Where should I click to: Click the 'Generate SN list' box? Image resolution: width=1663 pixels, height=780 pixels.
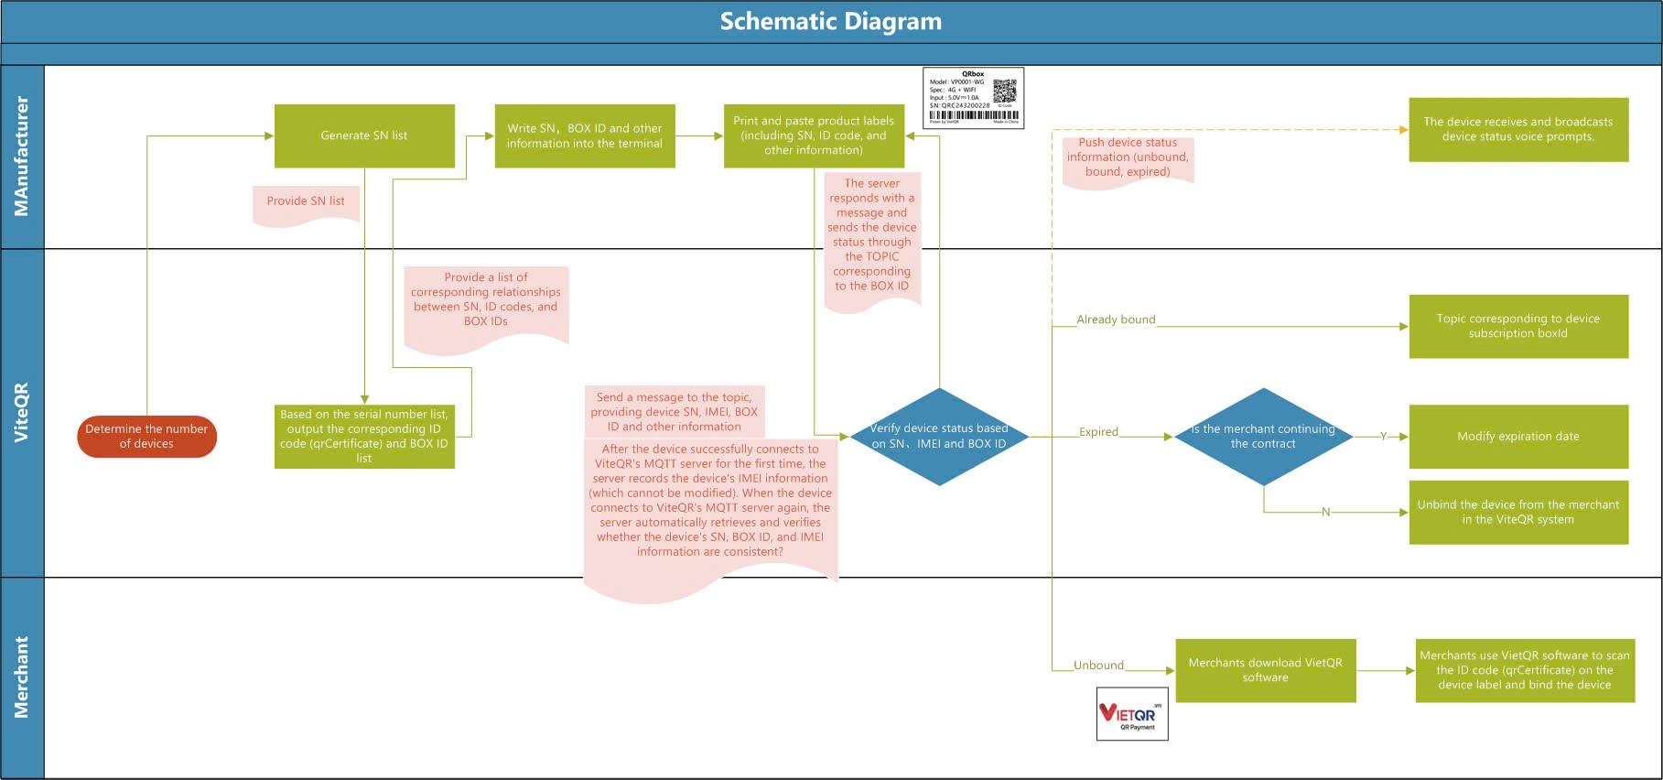coord(364,135)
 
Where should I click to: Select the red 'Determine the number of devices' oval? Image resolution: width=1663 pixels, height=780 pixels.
coord(146,437)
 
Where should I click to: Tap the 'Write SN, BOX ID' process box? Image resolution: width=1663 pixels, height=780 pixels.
coord(584,135)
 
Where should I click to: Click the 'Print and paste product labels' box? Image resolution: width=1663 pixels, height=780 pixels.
coord(814,135)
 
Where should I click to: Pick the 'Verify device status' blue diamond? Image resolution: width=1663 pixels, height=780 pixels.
coord(938,437)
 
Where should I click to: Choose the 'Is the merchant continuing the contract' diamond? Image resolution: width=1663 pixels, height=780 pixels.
coord(1263,437)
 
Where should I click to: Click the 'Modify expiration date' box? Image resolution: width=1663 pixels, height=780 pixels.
coord(1517,437)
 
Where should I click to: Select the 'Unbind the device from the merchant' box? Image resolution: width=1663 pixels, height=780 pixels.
coord(1517,512)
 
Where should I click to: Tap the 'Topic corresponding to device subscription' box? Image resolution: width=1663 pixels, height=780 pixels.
coord(1517,326)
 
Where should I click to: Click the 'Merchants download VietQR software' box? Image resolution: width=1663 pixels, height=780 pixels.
coord(1265,670)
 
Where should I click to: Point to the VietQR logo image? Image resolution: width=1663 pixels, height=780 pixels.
coord(1132,714)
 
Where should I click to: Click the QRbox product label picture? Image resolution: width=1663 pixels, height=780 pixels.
coord(973,97)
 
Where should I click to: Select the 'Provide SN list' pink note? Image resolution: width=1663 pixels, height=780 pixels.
coord(306,202)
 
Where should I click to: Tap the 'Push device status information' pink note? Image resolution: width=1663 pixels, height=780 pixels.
coord(1128,158)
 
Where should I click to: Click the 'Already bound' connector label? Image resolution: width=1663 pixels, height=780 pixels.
coord(1116,320)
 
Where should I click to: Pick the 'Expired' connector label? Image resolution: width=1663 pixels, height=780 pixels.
coord(1098,432)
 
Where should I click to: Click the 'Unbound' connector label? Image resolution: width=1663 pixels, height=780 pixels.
coord(1098,666)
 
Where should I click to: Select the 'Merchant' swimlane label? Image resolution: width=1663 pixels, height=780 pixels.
coord(22,677)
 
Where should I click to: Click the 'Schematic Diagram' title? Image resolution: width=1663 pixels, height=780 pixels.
coord(830,21)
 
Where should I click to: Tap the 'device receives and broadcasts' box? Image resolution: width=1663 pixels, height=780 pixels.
coord(1517,129)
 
